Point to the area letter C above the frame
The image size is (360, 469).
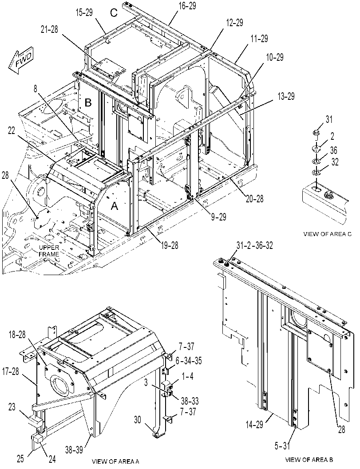(x=114, y=12)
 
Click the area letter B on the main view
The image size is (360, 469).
(x=88, y=102)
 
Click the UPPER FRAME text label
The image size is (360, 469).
(x=49, y=251)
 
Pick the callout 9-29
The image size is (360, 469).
(x=218, y=217)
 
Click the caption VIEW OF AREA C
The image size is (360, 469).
(x=327, y=234)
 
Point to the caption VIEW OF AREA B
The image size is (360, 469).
(x=309, y=459)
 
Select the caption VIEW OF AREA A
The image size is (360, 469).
(x=115, y=461)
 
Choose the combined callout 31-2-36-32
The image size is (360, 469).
(x=254, y=245)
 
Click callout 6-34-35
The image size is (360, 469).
(x=188, y=361)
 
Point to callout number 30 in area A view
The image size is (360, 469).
(x=138, y=420)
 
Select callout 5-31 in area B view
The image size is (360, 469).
(x=282, y=445)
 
